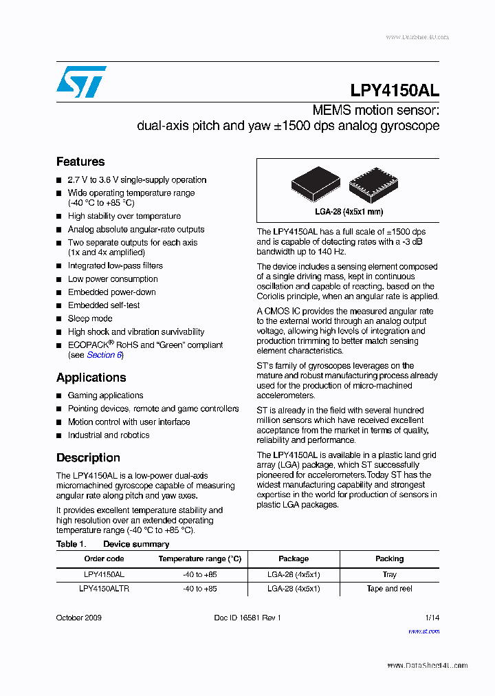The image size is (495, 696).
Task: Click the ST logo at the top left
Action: (x=81, y=82)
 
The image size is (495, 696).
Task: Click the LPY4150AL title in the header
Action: (x=394, y=91)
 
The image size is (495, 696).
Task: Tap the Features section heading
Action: (x=80, y=162)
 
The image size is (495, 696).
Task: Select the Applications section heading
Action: (x=91, y=378)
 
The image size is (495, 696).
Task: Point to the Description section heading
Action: (x=88, y=457)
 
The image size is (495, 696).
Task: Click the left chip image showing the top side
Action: (x=316, y=184)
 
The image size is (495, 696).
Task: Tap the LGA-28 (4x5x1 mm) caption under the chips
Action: (x=348, y=212)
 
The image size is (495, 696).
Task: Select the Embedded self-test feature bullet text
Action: (x=103, y=305)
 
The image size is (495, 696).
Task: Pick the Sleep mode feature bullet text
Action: (x=90, y=318)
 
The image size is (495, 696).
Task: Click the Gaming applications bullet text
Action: (x=105, y=395)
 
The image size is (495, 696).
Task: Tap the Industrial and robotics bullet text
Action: (x=108, y=435)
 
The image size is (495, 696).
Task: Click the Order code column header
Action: (x=104, y=559)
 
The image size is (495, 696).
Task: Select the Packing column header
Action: (x=389, y=559)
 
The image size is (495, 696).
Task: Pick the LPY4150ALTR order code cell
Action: (x=104, y=589)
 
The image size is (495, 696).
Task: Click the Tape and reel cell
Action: (x=389, y=589)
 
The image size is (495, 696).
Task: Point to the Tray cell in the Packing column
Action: (x=389, y=574)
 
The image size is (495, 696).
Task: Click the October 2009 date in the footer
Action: (x=78, y=618)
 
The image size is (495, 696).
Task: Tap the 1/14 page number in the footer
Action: (x=432, y=618)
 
